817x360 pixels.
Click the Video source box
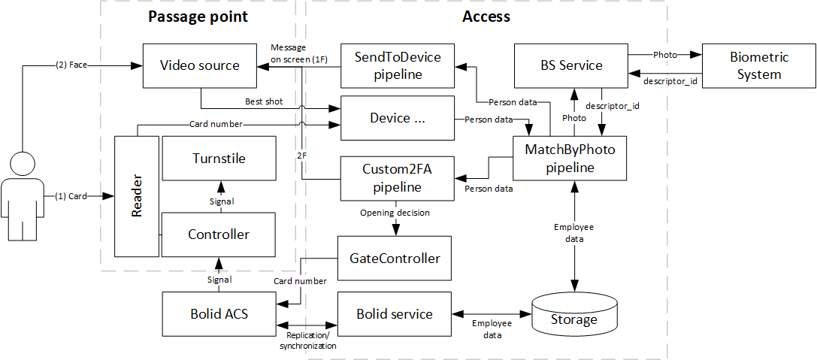pos(199,65)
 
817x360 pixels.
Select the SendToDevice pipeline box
pos(397,65)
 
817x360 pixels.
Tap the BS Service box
pos(570,65)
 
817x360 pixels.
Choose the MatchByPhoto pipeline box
pos(570,159)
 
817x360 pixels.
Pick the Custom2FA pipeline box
pos(397,178)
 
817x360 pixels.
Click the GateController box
pos(395,258)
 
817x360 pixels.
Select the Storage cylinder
pos(575,319)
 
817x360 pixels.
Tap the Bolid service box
pos(395,313)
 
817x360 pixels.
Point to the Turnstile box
pos(219,159)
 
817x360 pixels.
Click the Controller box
pos(219,234)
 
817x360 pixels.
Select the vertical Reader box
pos(137,196)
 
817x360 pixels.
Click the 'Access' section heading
pos(486,17)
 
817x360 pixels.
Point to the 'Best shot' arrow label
pos(264,101)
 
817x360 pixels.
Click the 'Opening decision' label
pos(395,213)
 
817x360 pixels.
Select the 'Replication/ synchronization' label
pos(307,340)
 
